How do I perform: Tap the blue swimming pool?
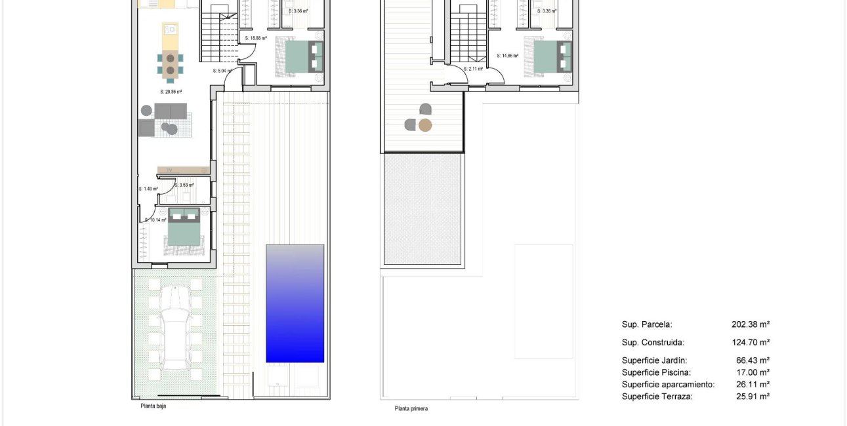pos(295,303)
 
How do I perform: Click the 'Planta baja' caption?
pos(153,406)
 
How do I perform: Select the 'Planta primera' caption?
pos(411,409)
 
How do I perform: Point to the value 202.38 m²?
pos(750,324)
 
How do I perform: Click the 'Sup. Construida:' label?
pos(653,342)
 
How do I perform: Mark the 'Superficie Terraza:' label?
pos(657,397)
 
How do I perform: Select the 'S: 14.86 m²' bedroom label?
pos(507,56)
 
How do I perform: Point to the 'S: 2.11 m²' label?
pos(472,69)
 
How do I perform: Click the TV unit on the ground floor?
pos(184,170)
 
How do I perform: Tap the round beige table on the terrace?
pos(425,125)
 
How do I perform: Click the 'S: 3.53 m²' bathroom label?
pos(184,185)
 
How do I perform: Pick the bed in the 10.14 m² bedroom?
pos(184,227)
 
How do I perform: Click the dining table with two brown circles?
pos(170,62)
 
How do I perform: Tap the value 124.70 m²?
pos(750,342)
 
